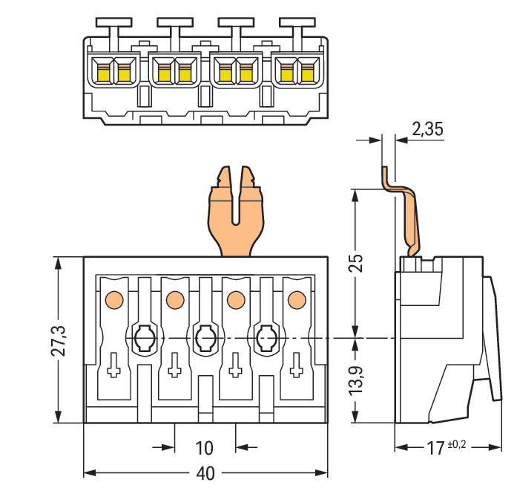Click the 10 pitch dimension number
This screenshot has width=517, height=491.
205,448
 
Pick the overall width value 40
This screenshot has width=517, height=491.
205,473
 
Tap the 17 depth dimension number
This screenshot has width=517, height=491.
435,447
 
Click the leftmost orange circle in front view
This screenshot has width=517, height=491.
114,300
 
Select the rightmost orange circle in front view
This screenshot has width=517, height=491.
296,300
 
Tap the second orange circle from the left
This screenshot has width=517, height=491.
175,300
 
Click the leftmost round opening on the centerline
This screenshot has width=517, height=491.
144,339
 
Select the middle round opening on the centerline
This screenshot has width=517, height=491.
205,339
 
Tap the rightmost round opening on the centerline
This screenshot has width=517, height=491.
266,339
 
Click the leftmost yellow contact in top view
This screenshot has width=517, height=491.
102,72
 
